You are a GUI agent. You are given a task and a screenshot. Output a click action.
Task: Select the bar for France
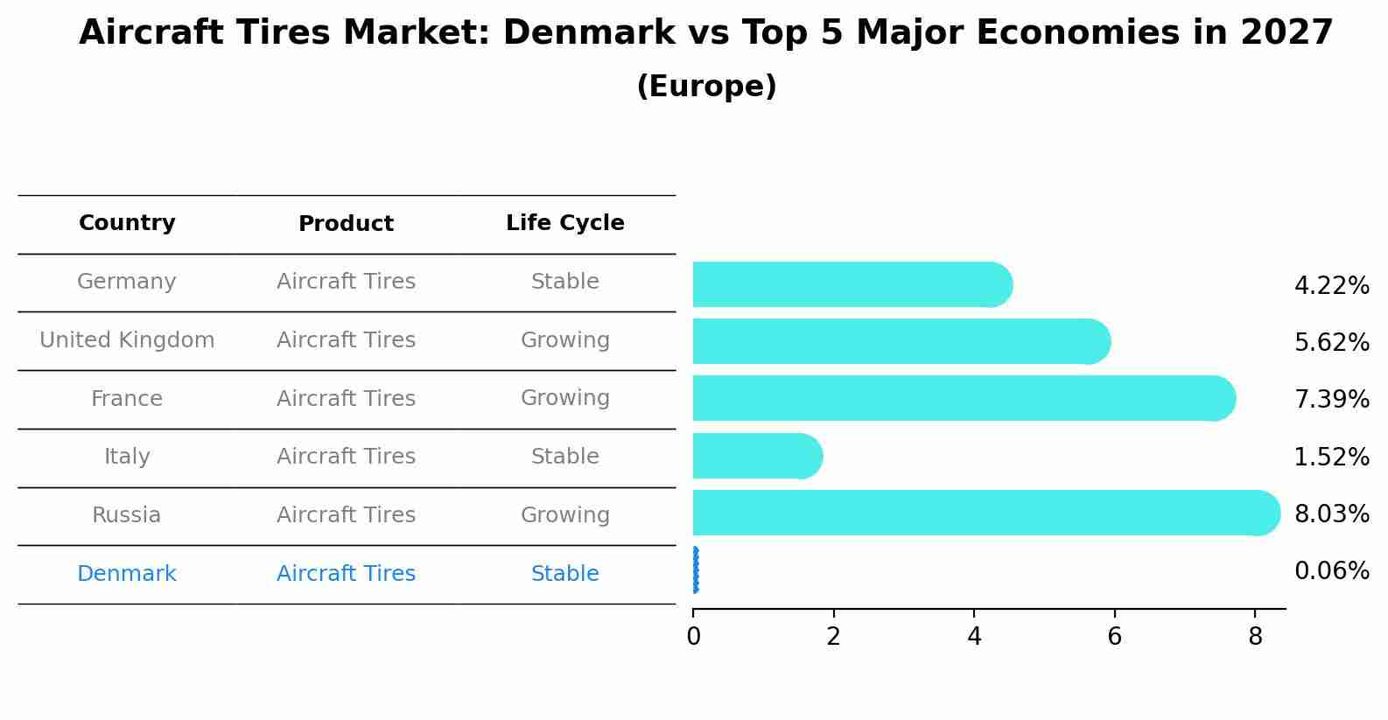point(963,398)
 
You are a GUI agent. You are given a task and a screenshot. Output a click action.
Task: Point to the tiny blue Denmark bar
point(695,570)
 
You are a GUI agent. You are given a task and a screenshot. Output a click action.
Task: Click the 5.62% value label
point(1331,342)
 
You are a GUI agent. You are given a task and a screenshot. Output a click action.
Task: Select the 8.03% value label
point(1331,514)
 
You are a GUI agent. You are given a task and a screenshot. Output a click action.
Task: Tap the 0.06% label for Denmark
point(1331,571)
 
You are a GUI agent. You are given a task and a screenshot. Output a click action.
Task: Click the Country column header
point(127,223)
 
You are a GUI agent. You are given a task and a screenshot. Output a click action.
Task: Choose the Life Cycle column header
point(564,223)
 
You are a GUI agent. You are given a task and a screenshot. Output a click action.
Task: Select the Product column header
point(346,224)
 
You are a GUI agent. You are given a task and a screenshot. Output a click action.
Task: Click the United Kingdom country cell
point(127,340)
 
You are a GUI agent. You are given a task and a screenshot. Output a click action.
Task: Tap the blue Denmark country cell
point(127,574)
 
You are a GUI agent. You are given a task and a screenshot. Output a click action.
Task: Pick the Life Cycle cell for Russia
point(564,515)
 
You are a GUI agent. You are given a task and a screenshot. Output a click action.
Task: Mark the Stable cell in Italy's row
point(564,457)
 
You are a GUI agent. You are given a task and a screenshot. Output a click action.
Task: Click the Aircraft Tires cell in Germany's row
point(346,282)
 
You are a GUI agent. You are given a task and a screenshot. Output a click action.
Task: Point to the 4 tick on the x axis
point(974,636)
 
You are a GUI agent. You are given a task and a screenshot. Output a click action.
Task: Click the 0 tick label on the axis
point(693,636)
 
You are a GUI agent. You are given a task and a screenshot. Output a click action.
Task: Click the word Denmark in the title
point(589,33)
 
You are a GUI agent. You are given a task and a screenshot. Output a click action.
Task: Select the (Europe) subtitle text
point(706,87)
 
